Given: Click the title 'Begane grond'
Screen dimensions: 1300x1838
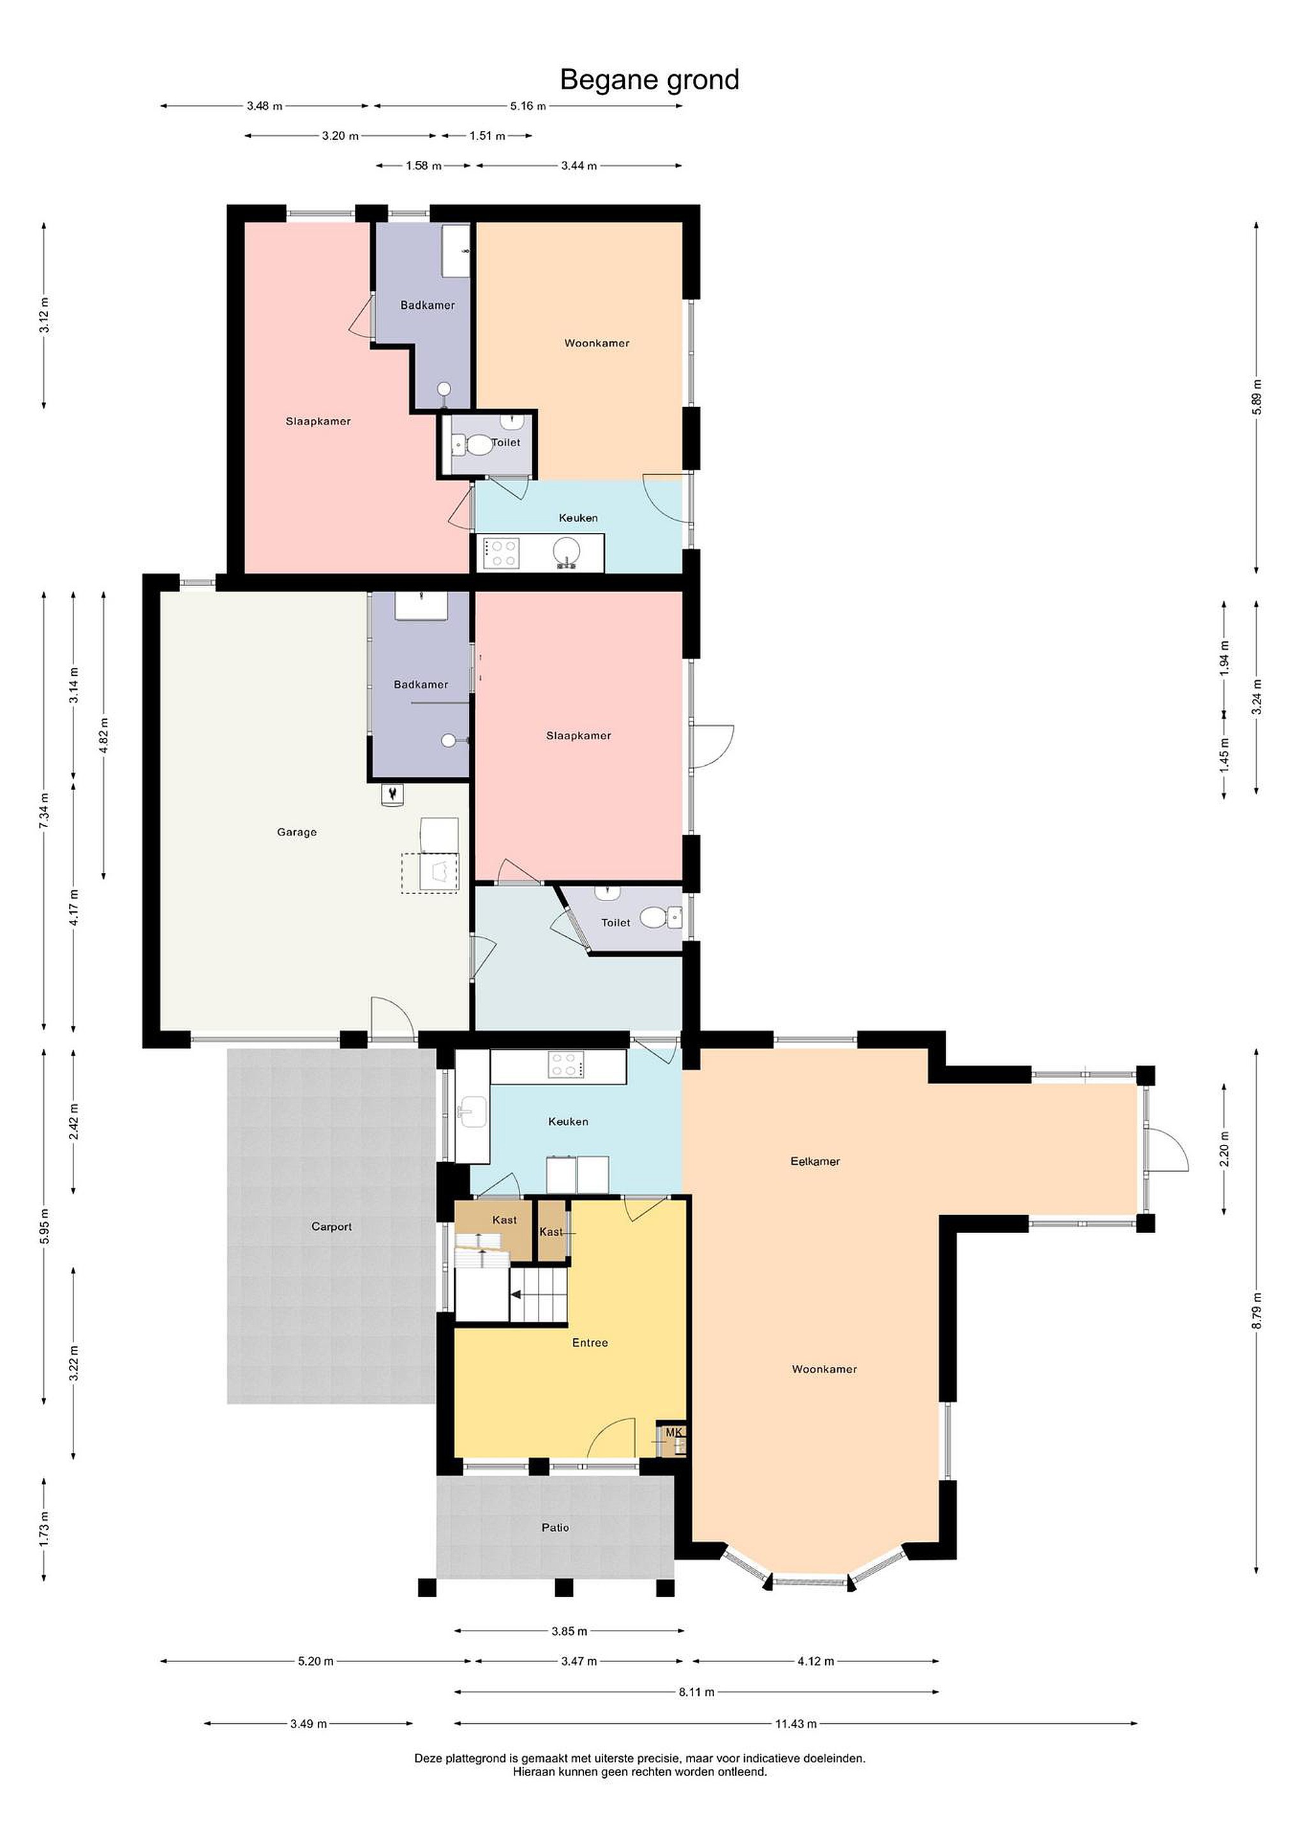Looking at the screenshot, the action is [x=649, y=80].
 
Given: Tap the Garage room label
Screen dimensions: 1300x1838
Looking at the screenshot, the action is [x=297, y=832].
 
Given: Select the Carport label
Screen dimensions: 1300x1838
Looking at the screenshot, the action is [x=331, y=1227].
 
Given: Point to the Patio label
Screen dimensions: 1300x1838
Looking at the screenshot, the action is [x=555, y=1527].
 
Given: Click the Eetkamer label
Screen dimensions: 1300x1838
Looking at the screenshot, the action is [x=815, y=1161].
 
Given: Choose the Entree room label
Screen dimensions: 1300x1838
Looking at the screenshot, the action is [x=590, y=1343].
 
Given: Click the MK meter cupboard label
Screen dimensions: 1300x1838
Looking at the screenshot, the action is [x=673, y=1431].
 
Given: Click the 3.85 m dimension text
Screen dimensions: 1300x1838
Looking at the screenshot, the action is [x=569, y=1631].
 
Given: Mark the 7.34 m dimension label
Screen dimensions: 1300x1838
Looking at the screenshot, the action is [x=44, y=812].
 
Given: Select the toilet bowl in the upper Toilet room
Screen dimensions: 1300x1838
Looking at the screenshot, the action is [x=479, y=444].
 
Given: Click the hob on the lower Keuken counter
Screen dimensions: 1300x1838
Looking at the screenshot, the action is [x=566, y=1065].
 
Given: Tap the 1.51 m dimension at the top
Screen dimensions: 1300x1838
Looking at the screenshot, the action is [x=487, y=136].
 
